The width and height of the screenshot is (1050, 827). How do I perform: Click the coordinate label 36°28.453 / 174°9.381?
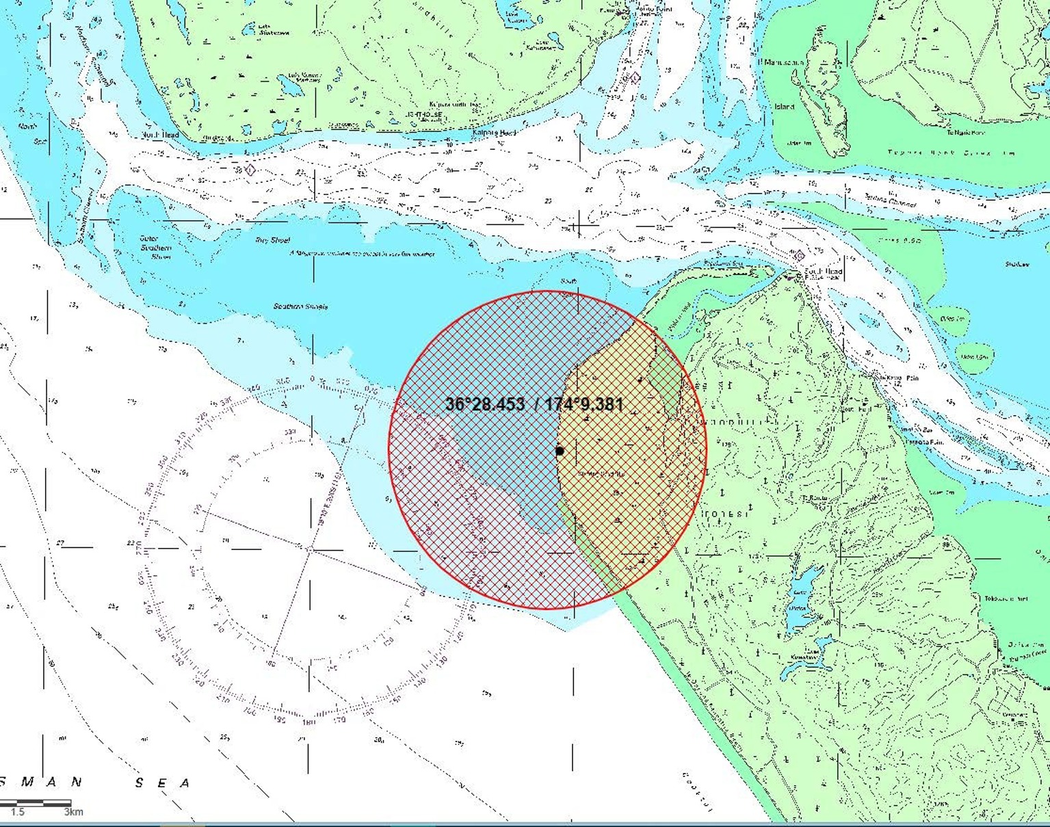click(x=534, y=404)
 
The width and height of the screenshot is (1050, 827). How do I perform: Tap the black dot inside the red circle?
click(x=560, y=451)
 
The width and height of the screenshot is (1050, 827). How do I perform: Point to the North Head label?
click(x=161, y=135)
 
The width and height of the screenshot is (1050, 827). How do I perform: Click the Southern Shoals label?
click(x=300, y=306)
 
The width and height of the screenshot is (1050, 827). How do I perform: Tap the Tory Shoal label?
click(x=272, y=240)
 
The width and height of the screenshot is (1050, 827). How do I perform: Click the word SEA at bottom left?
click(x=162, y=783)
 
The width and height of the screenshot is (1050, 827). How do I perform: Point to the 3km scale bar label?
click(x=74, y=812)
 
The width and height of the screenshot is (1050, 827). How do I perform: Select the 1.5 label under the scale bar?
click(x=17, y=812)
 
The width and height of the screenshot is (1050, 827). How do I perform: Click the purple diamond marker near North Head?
click(x=250, y=169)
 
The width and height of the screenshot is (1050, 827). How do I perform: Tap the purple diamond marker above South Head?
click(x=799, y=257)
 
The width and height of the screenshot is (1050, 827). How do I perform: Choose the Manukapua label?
click(x=781, y=62)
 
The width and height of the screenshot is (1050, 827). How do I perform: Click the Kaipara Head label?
click(x=494, y=133)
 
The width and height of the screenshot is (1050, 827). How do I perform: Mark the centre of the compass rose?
click(x=309, y=549)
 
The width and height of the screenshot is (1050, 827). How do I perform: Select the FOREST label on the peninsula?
click(x=726, y=513)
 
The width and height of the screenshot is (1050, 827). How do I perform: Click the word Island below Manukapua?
click(x=785, y=107)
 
